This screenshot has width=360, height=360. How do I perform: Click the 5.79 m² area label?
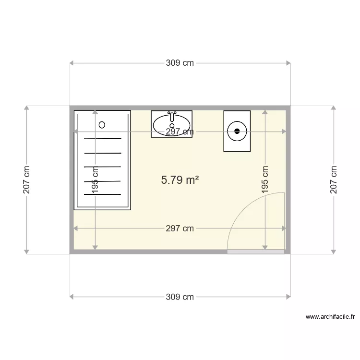click(x=180, y=180)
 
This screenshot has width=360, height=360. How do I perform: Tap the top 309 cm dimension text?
click(x=180, y=63)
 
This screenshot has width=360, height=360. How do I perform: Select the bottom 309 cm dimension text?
click(x=180, y=297)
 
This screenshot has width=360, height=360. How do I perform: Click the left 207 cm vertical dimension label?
click(x=27, y=180)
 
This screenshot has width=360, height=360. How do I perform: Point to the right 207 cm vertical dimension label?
click(x=334, y=180)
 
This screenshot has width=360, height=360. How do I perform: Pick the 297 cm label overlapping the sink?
click(x=180, y=132)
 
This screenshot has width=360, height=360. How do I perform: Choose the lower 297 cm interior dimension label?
click(x=180, y=228)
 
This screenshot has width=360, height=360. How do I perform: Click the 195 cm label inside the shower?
click(x=96, y=180)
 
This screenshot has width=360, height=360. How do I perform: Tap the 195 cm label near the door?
click(x=265, y=180)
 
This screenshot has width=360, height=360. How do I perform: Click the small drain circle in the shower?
click(x=102, y=125)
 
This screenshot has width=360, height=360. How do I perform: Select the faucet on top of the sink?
click(x=172, y=115)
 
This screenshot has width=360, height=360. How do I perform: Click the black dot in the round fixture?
click(x=237, y=130)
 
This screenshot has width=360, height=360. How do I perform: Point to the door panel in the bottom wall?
click(x=256, y=251)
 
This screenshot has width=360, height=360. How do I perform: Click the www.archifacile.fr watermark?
click(x=330, y=317)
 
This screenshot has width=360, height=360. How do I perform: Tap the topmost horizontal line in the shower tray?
click(x=103, y=139)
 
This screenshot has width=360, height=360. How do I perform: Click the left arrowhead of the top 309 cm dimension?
click(x=72, y=63)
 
